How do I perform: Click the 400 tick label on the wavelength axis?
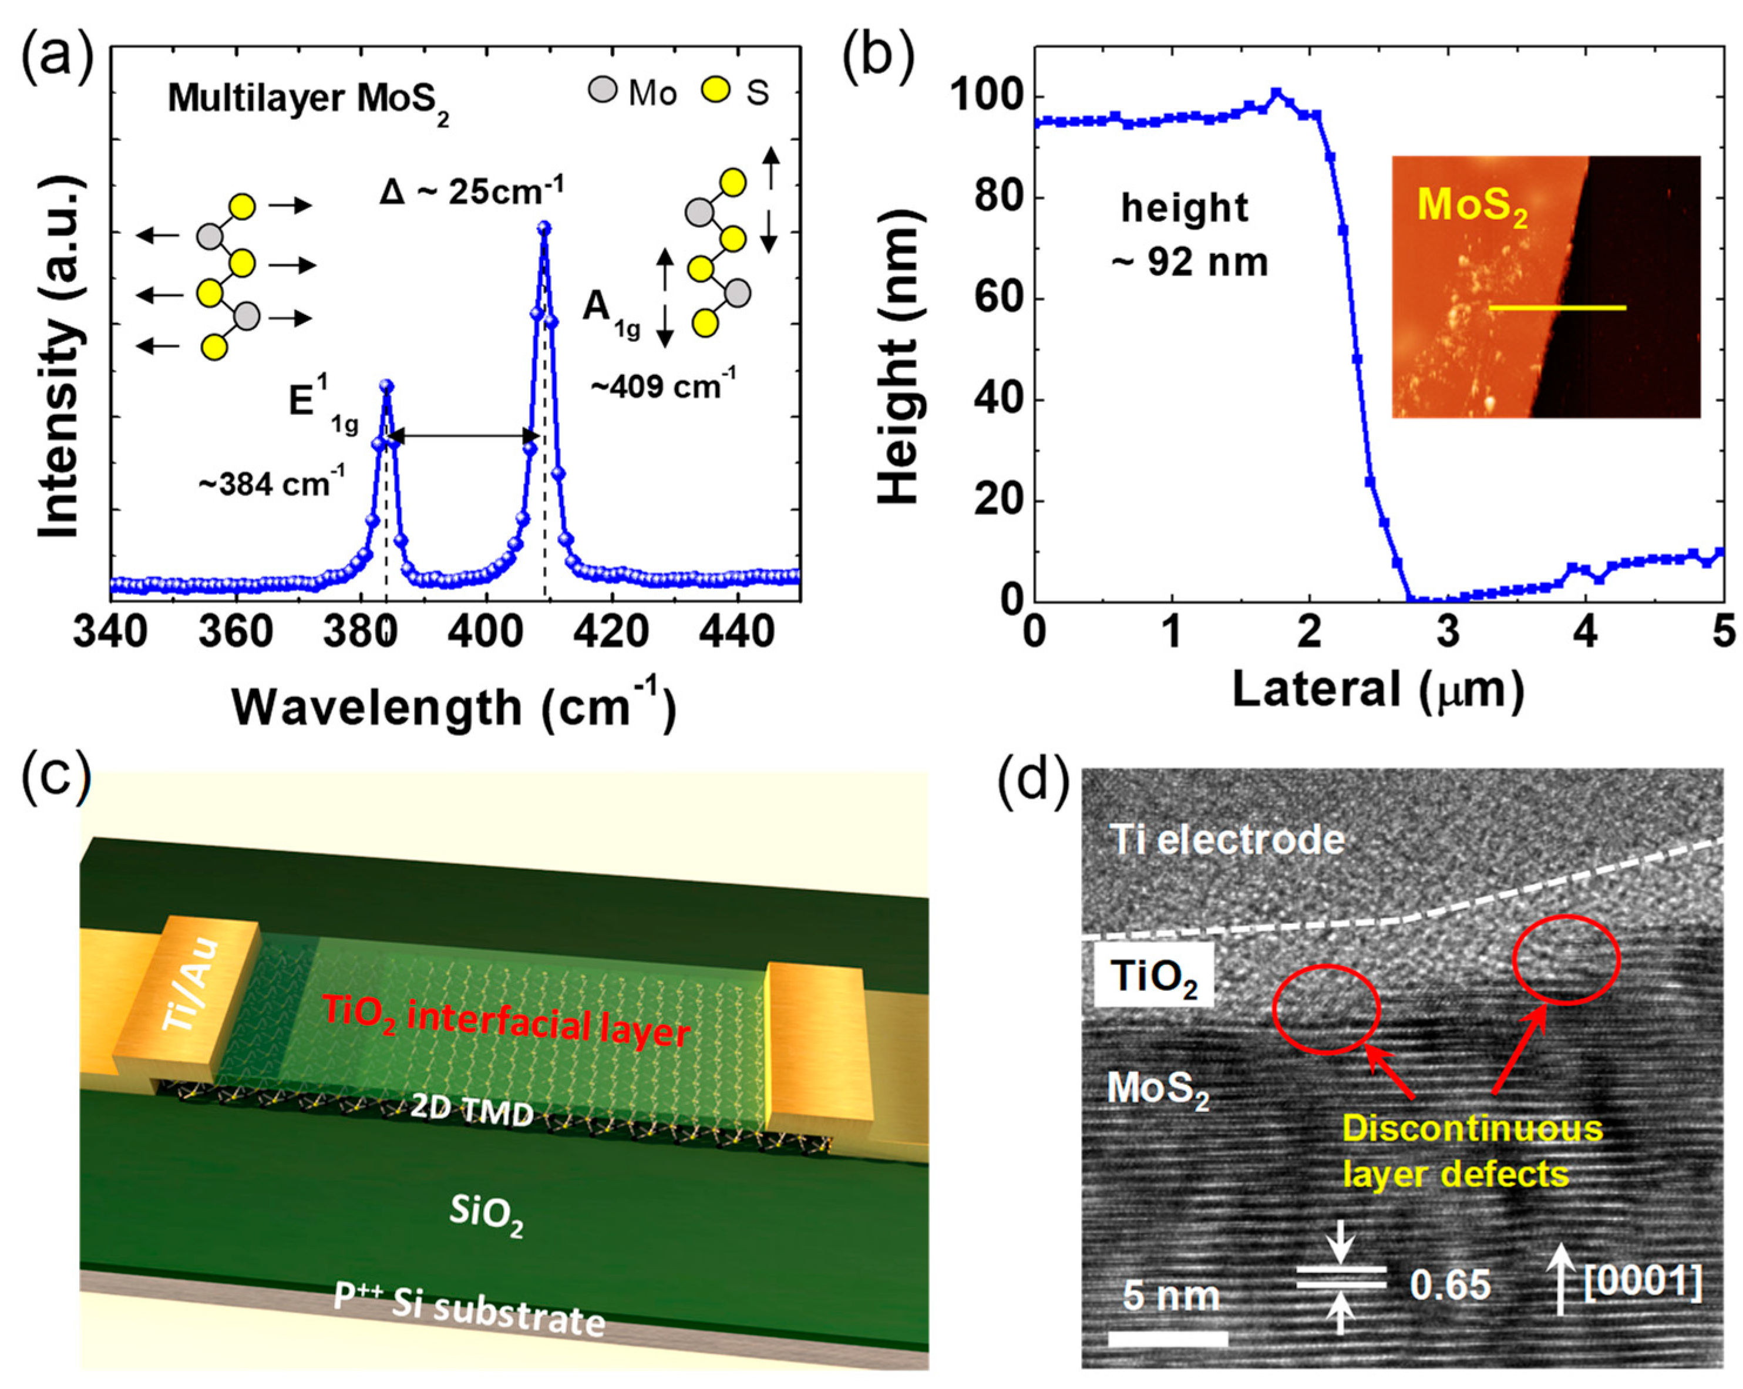[x=485, y=633]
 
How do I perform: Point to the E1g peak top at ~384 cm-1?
[x=386, y=386]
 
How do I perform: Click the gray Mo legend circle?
[x=603, y=90]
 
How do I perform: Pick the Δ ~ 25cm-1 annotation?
[x=472, y=191]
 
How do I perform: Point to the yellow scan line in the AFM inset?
[x=1556, y=307]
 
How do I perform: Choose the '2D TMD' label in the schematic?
[x=472, y=1112]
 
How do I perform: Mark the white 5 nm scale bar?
[x=1167, y=1338]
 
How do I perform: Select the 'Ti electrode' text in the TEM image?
[x=1227, y=840]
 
